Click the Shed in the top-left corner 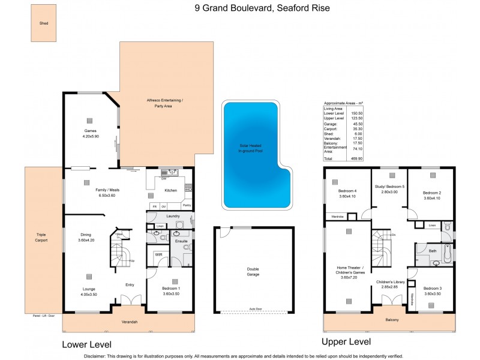pos(44,24)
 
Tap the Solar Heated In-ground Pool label pos(251,148)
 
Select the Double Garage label pos(253,272)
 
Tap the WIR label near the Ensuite pos(158,255)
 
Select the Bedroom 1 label pos(171,291)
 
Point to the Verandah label pos(130,323)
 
